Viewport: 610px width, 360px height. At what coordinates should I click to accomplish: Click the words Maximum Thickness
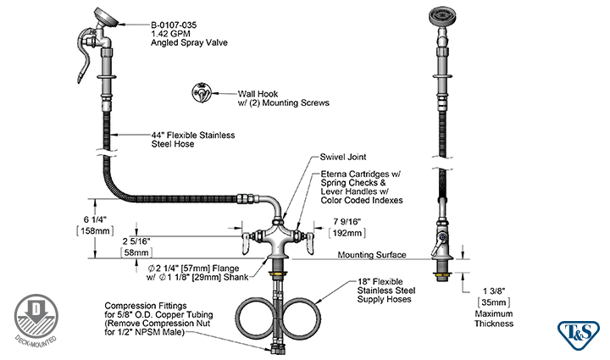coord(493,318)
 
